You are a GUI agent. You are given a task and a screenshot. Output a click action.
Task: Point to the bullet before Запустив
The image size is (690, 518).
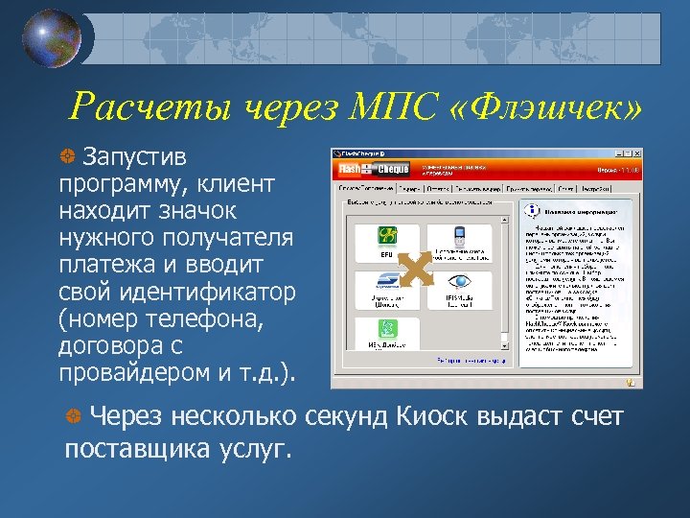pyautogui.click(x=67, y=155)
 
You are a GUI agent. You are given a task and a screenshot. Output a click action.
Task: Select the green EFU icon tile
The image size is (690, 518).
pyautogui.click(x=387, y=241)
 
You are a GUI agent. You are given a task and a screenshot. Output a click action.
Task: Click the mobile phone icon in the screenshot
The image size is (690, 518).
pyautogui.click(x=459, y=239)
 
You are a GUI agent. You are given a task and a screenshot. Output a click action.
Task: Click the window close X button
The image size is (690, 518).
pyautogui.click(x=633, y=153)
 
